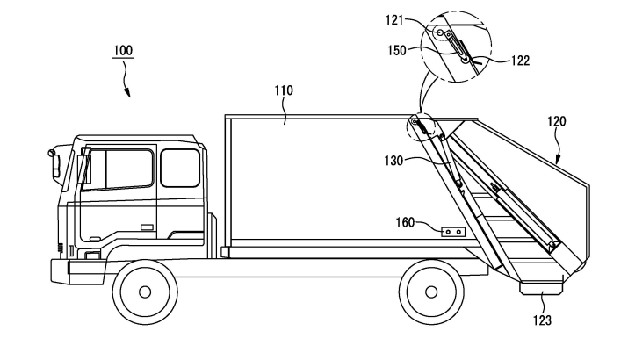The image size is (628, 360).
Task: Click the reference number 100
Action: tap(123, 51)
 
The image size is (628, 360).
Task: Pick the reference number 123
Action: tap(542, 320)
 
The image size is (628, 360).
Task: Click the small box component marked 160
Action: tap(451, 231)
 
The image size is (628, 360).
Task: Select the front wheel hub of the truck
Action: tap(146, 291)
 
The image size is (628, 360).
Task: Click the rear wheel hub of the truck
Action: tap(431, 291)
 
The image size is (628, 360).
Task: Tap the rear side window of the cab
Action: tap(180, 168)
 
